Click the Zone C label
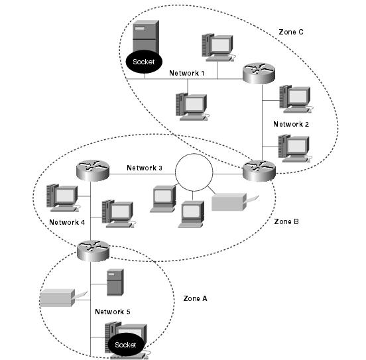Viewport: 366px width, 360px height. pos(291,32)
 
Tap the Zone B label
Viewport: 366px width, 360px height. pos(286,221)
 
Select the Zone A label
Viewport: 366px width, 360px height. pos(195,298)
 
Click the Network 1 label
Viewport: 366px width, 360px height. pos(186,73)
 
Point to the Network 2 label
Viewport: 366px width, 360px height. pos(291,124)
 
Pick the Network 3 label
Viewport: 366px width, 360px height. pos(145,168)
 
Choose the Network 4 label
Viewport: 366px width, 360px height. pos(67,222)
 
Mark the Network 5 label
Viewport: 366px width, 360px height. pos(113,312)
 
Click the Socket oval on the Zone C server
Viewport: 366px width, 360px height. pos(144,62)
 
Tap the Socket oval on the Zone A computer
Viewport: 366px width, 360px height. pos(126,345)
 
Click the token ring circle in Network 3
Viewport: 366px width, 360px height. pos(194,154)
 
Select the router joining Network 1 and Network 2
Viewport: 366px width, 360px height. pos(259,73)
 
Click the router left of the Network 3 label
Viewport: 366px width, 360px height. pos(93,170)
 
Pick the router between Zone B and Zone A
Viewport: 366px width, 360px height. pos(93,251)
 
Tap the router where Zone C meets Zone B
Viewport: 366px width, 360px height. pos(259,171)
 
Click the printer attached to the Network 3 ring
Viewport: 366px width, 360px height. pos(235,202)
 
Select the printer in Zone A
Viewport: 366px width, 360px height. pos(63,298)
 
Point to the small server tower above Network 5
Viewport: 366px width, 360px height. pos(115,282)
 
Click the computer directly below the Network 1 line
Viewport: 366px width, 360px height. pos(192,107)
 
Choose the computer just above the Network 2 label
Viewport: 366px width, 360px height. pos(296,99)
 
